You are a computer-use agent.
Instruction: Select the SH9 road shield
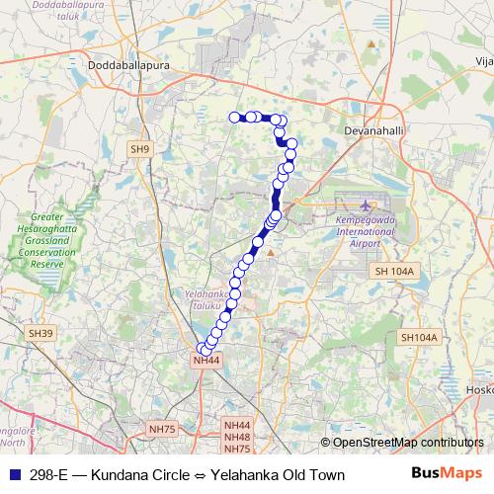pyautogui.click(x=140, y=149)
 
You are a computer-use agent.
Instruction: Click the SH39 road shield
pyautogui.click(x=41, y=334)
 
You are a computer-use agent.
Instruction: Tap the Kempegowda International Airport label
pyautogui.click(x=365, y=230)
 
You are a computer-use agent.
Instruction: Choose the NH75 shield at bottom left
pyautogui.click(x=160, y=429)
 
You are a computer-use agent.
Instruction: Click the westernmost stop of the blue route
pyautogui.click(x=235, y=118)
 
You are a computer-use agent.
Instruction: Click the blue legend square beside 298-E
pyautogui.click(x=13, y=475)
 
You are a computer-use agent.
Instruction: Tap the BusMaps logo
pyautogui.click(x=447, y=474)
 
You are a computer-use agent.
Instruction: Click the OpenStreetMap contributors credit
pyautogui.click(x=402, y=443)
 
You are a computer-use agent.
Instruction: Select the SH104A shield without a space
pyautogui.click(x=418, y=338)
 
